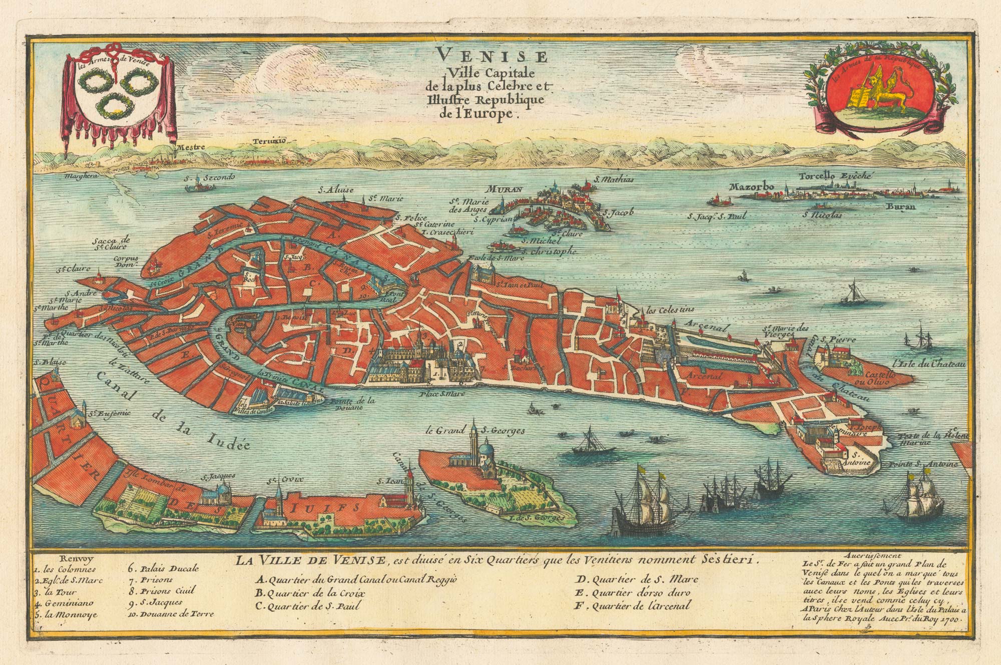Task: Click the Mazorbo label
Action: [752, 187]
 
